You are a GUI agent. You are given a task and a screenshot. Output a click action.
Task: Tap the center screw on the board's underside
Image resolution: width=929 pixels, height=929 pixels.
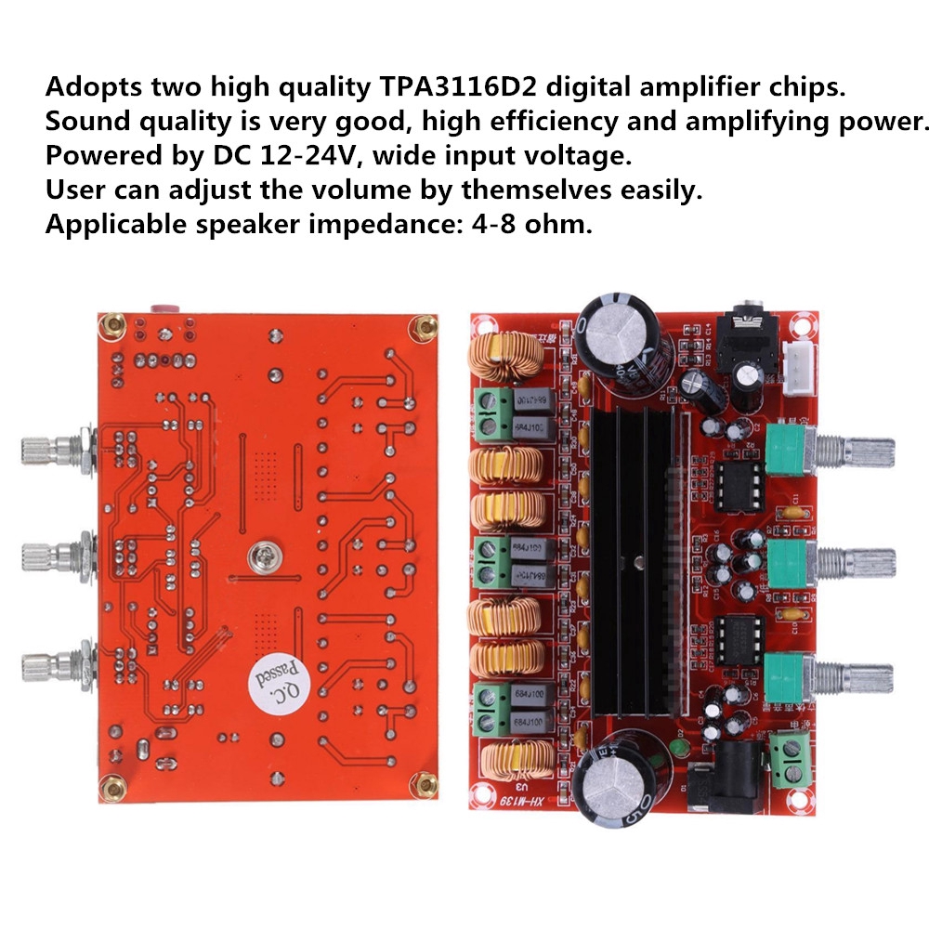(259, 558)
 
